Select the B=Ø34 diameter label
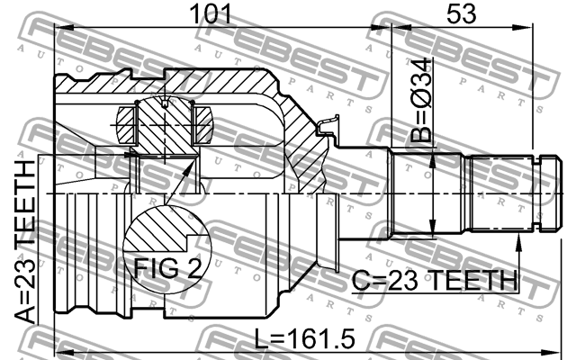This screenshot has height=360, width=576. tap(420, 99)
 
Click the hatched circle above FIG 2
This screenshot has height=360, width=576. tap(158, 230)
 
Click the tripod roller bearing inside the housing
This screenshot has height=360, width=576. tap(164, 123)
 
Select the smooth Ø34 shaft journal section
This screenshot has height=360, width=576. tap(423, 193)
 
